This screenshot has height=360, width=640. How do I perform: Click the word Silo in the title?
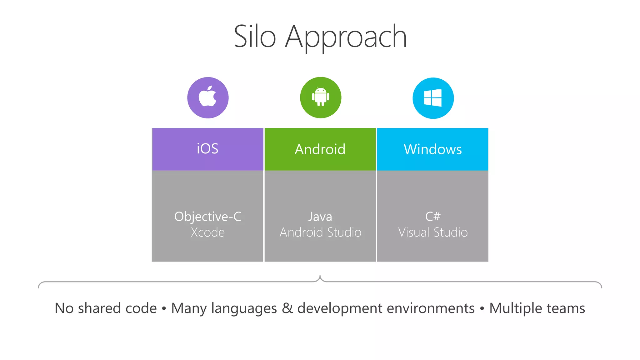255,37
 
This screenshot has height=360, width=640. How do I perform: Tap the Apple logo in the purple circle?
208,97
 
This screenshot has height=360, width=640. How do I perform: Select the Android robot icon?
320,97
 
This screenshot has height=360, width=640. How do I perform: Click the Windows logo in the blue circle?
433,98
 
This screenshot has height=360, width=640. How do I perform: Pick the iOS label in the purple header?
207,149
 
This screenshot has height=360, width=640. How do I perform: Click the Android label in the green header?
320,149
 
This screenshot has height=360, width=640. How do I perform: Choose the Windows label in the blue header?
432,149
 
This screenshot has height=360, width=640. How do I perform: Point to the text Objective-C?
207,217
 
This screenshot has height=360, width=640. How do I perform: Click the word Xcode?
207,232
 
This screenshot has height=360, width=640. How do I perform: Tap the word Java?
320,217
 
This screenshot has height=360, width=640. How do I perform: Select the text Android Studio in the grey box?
320,232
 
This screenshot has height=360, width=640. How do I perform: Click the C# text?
433,216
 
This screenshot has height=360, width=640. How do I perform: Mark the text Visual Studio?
433,232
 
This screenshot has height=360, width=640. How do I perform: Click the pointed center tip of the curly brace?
320,276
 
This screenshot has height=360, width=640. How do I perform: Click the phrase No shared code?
106,308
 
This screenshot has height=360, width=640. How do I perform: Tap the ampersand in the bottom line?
287,308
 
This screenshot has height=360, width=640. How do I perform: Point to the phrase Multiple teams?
537,308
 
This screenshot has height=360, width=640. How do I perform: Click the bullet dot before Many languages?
164,309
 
